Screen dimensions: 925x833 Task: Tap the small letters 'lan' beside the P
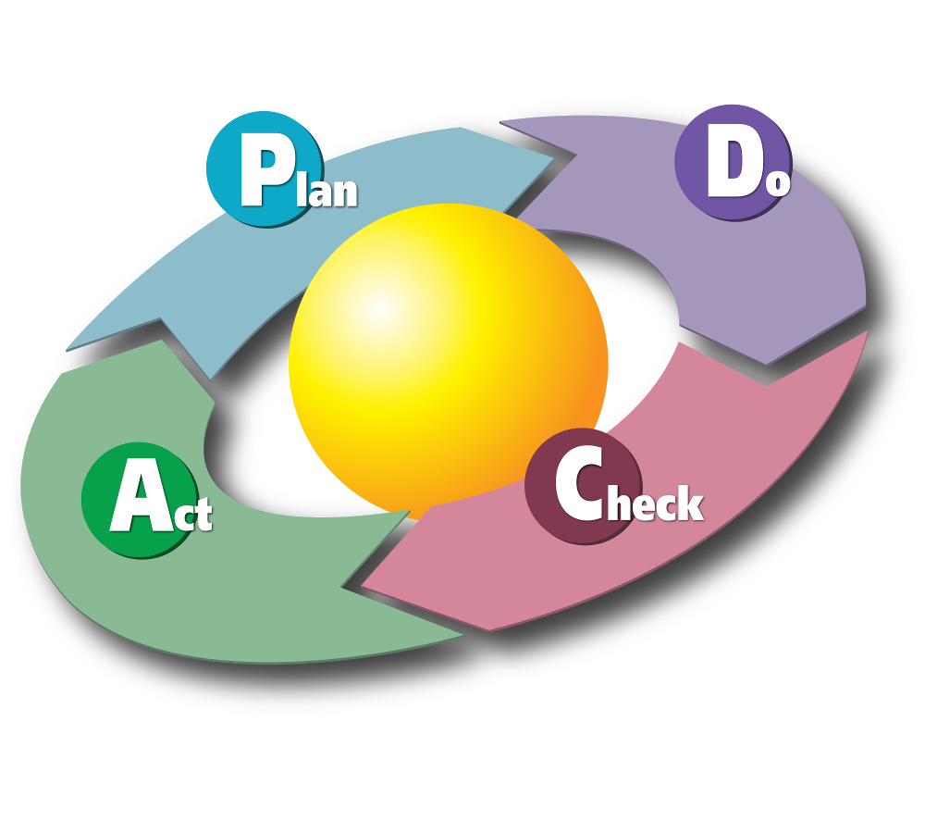pos(327,188)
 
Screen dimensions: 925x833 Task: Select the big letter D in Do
pos(730,168)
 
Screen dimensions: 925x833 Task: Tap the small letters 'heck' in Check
pos(656,503)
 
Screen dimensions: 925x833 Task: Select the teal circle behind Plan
pos(265,168)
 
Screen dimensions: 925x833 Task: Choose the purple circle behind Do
pos(734,162)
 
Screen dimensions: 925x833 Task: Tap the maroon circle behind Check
pos(584,486)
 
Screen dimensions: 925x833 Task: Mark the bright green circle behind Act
pos(141,500)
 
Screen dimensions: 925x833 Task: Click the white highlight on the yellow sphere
pos(379,307)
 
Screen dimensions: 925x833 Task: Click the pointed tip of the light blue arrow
pos(554,157)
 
